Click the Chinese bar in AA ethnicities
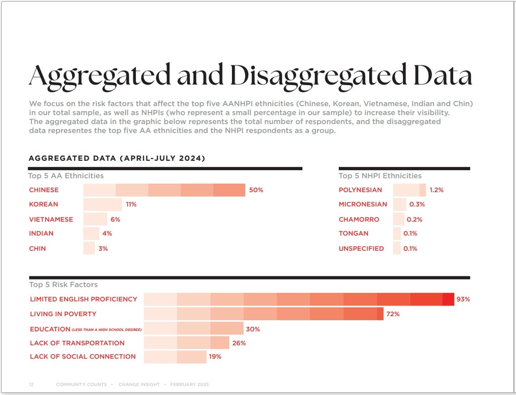pyautogui.click(x=164, y=190)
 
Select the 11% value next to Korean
pyautogui.click(x=131, y=204)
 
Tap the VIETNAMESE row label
pyautogui.click(x=51, y=219)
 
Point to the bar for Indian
pyautogui.click(x=91, y=233)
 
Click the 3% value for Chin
pyautogui.click(x=103, y=249)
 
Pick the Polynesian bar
pyautogui.click(x=409, y=190)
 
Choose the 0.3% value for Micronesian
pyautogui.click(x=417, y=204)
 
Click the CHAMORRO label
pyautogui.click(x=359, y=219)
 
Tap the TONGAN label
pyautogui.click(x=353, y=233)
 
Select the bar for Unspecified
pyautogui.click(x=397, y=249)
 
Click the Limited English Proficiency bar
pyautogui.click(x=299, y=299)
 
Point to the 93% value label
pyautogui.click(x=463, y=299)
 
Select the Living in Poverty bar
pyautogui.click(x=263, y=314)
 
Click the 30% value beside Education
pyautogui.click(x=253, y=329)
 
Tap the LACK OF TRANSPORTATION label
pyautogui.click(x=77, y=343)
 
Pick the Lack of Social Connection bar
pyautogui.click(x=175, y=357)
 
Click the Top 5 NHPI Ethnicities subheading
pyautogui.click(x=380, y=176)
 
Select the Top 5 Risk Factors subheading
pyautogui.click(x=63, y=285)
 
